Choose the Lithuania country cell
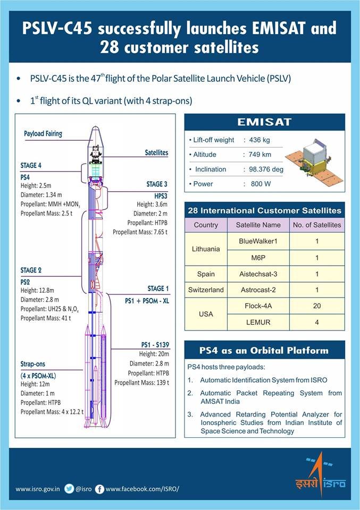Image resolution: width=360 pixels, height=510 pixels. (x=206, y=249)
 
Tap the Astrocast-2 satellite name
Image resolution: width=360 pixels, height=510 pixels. (x=258, y=290)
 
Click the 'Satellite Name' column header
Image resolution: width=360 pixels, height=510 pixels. (x=258, y=225)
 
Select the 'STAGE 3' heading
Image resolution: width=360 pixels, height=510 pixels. (x=157, y=184)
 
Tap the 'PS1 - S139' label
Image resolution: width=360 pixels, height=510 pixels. (x=151, y=345)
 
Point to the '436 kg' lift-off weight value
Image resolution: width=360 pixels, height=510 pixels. (x=258, y=140)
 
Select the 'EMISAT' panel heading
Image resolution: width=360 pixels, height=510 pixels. (x=264, y=122)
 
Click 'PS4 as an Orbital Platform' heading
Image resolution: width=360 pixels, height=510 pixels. (x=264, y=351)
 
